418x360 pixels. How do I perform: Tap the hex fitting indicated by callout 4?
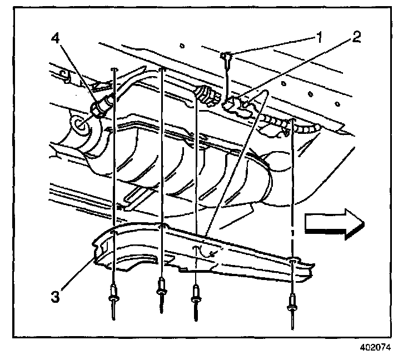tap(102, 106)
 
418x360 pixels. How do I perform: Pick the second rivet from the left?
tap(162, 291)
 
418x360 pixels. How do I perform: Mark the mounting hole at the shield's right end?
tap(292, 259)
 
